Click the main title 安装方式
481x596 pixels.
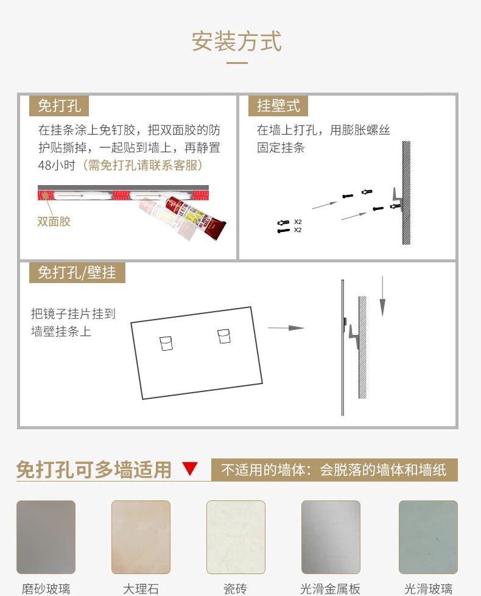236,41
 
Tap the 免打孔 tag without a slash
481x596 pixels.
59,105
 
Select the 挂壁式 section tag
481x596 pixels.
278,105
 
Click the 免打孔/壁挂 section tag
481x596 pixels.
77,272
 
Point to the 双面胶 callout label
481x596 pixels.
54,221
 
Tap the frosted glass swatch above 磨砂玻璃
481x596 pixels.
46,537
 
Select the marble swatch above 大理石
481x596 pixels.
141,537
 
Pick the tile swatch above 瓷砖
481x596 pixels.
236,537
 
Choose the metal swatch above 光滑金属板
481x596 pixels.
331,537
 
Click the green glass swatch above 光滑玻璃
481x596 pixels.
428,537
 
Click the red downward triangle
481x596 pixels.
190,469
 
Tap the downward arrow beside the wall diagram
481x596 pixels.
382,296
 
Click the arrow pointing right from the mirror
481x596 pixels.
286,328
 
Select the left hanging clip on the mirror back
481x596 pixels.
166,343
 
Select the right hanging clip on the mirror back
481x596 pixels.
224,337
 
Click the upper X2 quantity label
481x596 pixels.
298,222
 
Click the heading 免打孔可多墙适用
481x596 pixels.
94,469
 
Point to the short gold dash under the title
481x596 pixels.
237,63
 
